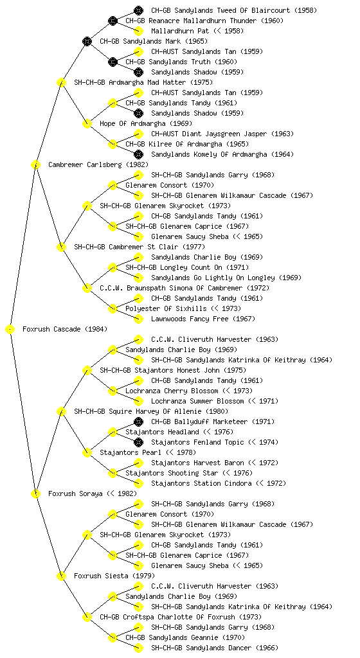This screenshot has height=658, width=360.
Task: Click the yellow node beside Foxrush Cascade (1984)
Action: (10, 329)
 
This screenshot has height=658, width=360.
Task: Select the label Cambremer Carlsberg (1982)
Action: (98, 164)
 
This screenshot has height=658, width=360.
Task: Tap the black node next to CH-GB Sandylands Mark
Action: (87, 41)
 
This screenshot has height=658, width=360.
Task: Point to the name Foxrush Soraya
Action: (75, 493)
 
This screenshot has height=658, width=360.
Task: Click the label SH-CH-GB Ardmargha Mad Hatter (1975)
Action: (143, 82)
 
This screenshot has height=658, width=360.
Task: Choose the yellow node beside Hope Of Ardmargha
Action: (87, 123)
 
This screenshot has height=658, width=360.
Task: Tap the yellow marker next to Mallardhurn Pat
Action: (138, 31)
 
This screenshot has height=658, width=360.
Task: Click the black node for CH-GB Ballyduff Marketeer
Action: (138, 422)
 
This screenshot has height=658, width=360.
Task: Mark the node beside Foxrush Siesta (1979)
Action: (61, 576)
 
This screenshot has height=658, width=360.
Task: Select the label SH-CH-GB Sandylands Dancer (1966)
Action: (215, 648)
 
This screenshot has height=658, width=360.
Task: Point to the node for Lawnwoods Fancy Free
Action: (138, 319)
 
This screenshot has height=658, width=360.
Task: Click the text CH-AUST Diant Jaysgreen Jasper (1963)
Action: (222, 134)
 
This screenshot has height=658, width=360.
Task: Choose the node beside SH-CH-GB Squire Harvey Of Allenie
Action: (61, 411)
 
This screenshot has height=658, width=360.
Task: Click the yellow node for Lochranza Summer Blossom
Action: (138, 401)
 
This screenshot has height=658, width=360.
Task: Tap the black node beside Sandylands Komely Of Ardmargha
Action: (138, 154)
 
